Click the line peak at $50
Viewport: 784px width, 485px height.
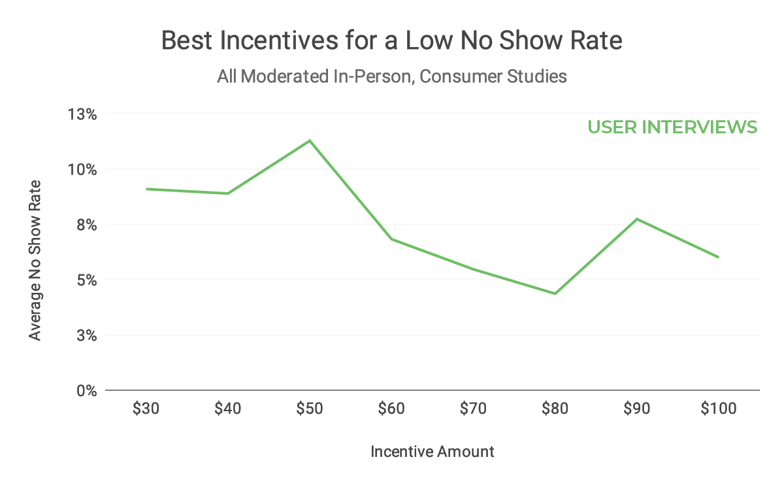pyautogui.click(x=310, y=141)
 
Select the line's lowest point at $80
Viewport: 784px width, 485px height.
pyautogui.click(x=555, y=293)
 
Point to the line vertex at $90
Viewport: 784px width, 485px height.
pyautogui.click(x=636, y=218)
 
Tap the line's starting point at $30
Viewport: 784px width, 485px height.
pyautogui.click(x=146, y=189)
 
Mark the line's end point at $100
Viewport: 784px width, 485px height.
pyautogui.click(x=718, y=257)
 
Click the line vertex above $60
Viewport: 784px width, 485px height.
pyautogui.click(x=391, y=239)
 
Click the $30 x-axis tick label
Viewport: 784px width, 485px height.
pyautogui.click(x=146, y=409)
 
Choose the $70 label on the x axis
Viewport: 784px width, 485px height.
pyautogui.click(x=473, y=409)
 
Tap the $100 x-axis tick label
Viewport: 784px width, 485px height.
pyautogui.click(x=718, y=409)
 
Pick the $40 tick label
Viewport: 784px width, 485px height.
pyautogui.click(x=228, y=409)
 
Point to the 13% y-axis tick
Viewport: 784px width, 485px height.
pyautogui.click(x=82, y=114)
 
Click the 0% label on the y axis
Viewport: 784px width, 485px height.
pyautogui.click(x=86, y=391)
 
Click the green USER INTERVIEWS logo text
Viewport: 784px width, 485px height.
pyautogui.click(x=672, y=127)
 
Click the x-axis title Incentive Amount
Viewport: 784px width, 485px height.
pyautogui.click(x=432, y=452)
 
